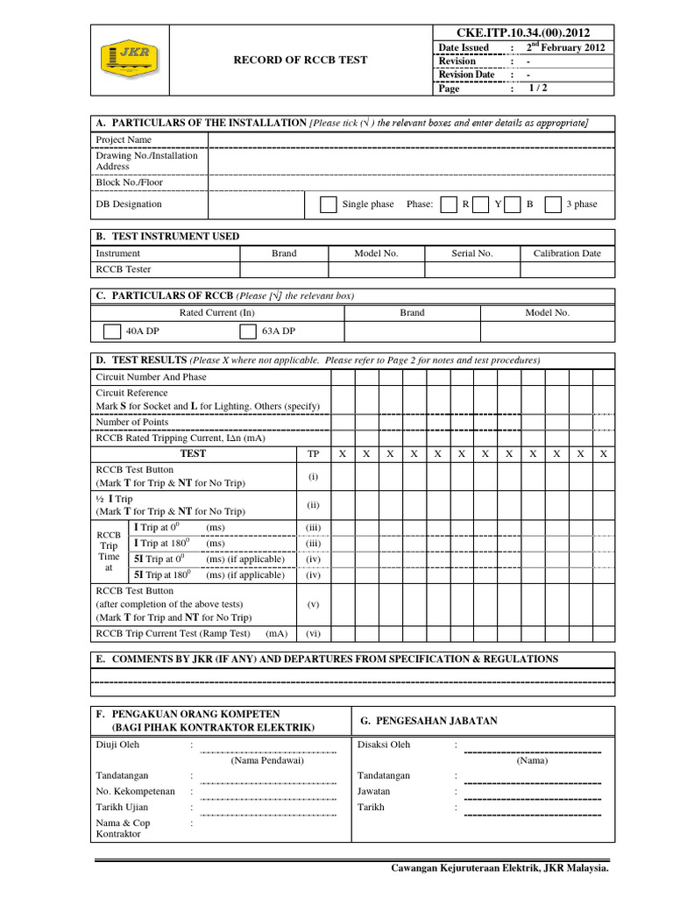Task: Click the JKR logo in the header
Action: [130, 60]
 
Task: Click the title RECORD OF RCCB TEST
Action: [300, 61]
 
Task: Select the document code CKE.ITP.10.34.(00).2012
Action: [523, 32]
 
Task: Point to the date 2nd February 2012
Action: [564, 47]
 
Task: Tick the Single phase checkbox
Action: [328, 204]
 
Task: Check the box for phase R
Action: [448, 204]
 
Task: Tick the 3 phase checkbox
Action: [553, 204]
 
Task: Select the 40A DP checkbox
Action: [111, 331]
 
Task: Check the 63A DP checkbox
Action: [247, 331]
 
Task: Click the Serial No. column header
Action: [472, 253]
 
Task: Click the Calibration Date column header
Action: [567, 253]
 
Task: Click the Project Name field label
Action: [124, 139]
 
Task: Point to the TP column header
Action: [313, 453]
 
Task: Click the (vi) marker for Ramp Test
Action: [313, 633]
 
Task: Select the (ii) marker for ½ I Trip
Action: [313, 505]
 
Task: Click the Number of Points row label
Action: [131, 422]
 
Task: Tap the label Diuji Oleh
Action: [117, 745]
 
